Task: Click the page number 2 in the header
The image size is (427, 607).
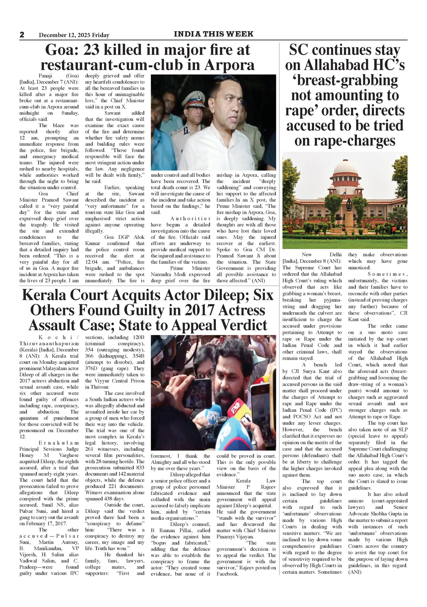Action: [22, 35]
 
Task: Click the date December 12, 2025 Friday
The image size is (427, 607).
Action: [74, 35]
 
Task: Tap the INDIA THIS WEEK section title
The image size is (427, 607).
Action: [213, 34]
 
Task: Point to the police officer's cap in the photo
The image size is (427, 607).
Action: [193, 97]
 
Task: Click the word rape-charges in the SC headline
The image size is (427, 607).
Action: [345, 141]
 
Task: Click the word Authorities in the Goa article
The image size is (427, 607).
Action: [190, 218]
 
